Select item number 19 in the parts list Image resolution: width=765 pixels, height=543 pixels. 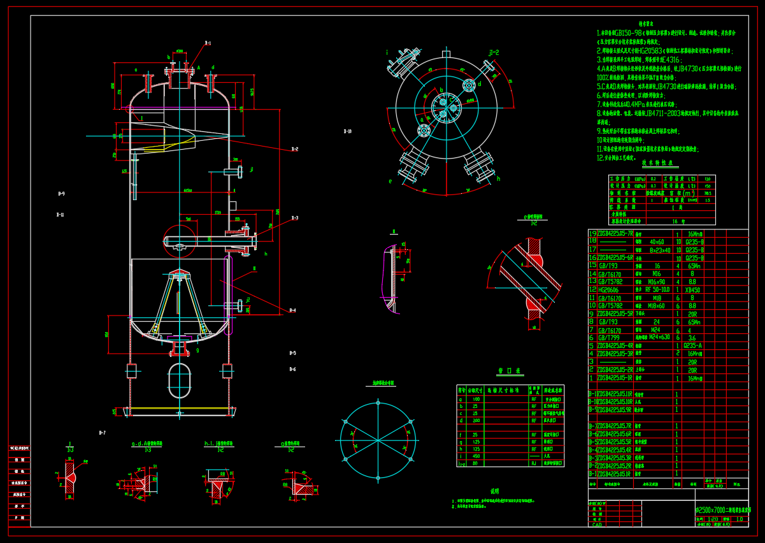592,234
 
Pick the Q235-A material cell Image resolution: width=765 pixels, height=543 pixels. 692,345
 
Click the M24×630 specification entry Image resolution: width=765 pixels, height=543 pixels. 657,337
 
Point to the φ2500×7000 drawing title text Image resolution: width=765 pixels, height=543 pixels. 722,510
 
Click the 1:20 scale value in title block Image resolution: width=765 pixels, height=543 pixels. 713,519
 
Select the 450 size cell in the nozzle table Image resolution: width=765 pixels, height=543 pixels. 475,456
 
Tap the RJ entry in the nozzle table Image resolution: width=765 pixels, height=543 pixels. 534,463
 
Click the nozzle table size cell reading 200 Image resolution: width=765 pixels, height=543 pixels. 475,421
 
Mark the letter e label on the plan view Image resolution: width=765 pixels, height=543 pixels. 390,181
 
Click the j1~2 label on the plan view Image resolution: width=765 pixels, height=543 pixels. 494,52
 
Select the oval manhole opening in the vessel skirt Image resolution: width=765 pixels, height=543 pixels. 179,380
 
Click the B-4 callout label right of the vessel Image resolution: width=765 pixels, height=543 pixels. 292,310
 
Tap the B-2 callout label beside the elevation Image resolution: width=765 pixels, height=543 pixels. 295,149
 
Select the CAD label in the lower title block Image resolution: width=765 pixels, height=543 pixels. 597,525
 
